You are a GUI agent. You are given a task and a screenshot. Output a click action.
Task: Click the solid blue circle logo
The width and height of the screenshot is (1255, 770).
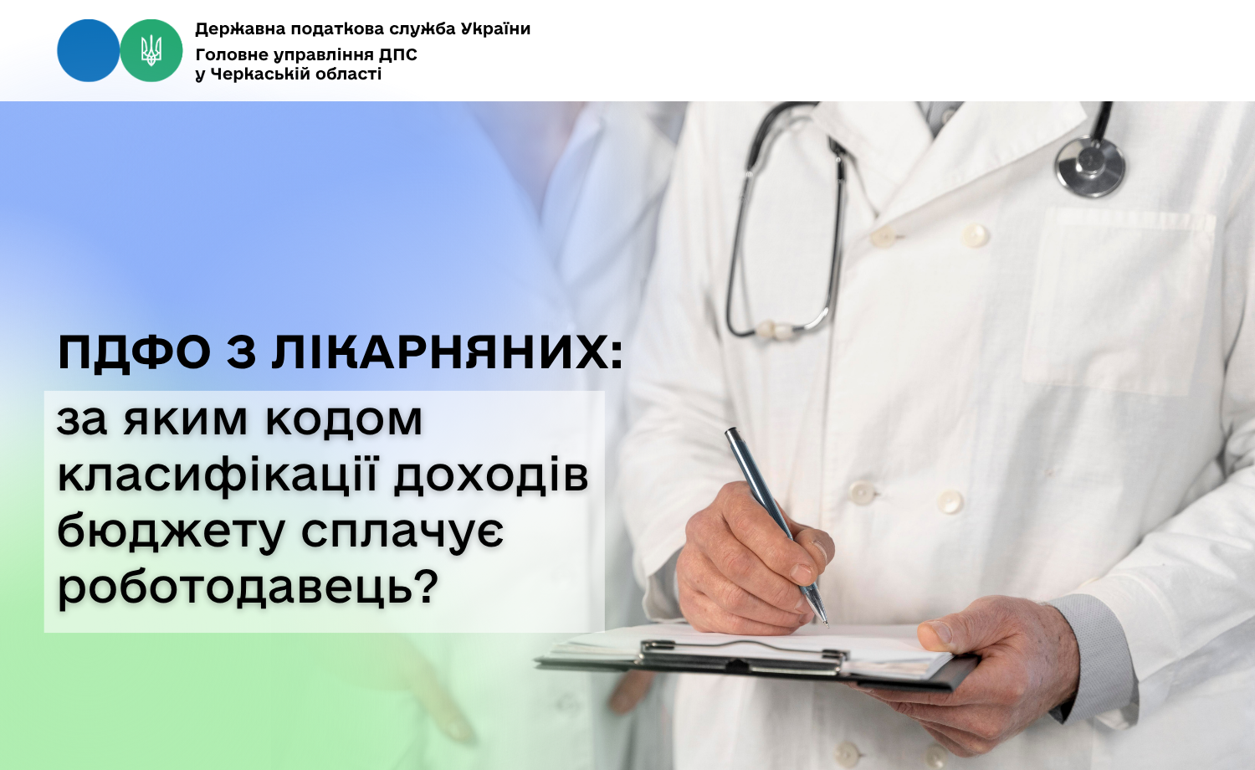pyautogui.click(x=89, y=50)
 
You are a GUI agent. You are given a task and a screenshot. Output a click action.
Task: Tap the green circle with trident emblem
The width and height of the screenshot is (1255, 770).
pyautogui.click(x=151, y=50)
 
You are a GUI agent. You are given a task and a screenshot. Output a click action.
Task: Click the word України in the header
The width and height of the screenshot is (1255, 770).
pyautogui.click(x=495, y=28)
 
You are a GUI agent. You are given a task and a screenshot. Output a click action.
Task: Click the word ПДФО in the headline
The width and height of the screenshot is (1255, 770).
pyautogui.click(x=135, y=352)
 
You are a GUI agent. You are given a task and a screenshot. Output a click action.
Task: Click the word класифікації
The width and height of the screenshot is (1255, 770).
pyautogui.click(x=219, y=476)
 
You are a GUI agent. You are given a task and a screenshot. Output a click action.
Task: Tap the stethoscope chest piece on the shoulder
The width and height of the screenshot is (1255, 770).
pyautogui.click(x=1089, y=166)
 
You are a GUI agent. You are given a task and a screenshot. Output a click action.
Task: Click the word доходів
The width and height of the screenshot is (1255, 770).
pyautogui.click(x=491, y=476)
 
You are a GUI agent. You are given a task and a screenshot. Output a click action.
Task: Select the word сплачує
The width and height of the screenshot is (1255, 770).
pyautogui.click(x=402, y=532)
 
